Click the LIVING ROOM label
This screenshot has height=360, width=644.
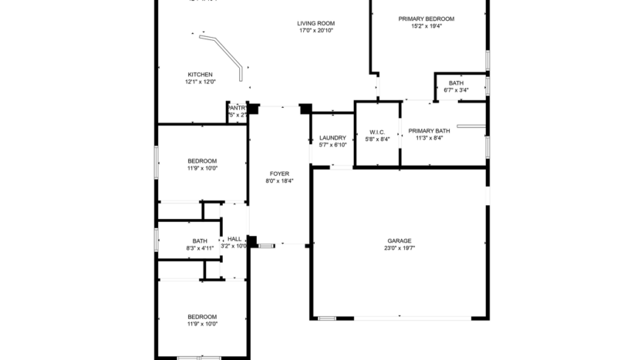tap(315, 23)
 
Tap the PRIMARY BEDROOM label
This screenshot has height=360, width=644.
tap(426, 19)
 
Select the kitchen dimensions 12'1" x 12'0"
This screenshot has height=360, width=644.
tap(200, 82)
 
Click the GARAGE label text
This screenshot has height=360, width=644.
tap(399, 241)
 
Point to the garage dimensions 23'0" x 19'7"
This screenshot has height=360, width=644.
tap(399, 248)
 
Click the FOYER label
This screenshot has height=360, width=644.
tap(279, 173)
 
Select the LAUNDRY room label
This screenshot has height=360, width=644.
tap(332, 138)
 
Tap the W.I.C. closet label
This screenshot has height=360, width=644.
tap(377, 132)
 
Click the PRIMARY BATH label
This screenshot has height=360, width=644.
tap(429, 131)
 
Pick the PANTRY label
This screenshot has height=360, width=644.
tap(238, 108)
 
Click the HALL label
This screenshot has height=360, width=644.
tap(234, 239)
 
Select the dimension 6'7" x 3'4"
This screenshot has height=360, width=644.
tap(456, 90)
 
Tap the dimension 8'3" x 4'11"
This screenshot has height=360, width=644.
tap(200, 248)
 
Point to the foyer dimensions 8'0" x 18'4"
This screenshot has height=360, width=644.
tap(279, 181)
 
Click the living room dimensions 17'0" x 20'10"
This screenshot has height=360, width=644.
tap(315, 31)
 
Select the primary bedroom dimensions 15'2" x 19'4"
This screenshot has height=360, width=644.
tap(426, 26)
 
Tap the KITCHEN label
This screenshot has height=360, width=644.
tap(200, 75)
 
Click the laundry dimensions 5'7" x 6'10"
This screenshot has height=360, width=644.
tap(332, 145)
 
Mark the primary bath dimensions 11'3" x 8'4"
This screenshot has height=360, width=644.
tap(429, 139)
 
